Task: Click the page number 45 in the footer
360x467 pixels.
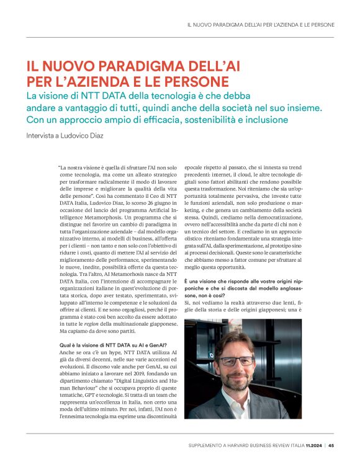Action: pyautogui.click(x=331, y=444)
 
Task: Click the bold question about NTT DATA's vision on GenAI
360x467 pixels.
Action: pyautogui.click(x=112, y=344)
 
